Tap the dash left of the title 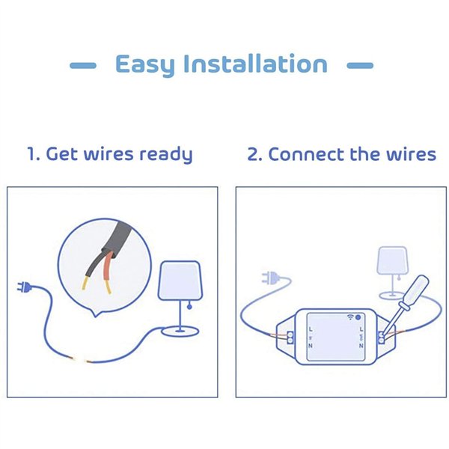[83, 66]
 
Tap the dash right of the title [360, 66]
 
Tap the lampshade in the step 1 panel [180, 279]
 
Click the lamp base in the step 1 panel [180, 330]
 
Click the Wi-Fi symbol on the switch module [349, 317]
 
